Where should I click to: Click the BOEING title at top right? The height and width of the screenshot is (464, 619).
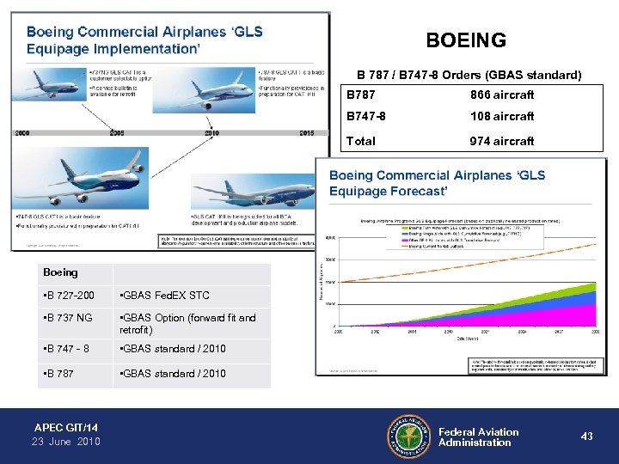pos(466,40)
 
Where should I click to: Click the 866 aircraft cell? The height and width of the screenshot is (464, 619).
pos(501,95)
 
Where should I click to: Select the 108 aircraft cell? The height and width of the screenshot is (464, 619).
pos(501,116)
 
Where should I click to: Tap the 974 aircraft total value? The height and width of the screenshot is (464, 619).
pos(501,141)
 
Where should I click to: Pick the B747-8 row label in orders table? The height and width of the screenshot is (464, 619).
pos(367,116)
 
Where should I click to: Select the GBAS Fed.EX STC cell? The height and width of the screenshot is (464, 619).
pos(163,296)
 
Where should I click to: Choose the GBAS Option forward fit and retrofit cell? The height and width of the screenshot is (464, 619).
pos(187,324)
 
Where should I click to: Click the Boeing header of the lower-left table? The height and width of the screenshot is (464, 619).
pos(60,272)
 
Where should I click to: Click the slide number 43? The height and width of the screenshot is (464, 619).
pos(586,437)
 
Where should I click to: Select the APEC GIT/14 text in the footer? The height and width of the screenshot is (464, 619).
pos(65,427)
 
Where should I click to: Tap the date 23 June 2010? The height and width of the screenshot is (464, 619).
pos(66,442)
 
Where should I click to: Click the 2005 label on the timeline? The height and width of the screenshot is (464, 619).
pos(116,133)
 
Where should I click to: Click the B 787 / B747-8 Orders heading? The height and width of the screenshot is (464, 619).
pos(469,75)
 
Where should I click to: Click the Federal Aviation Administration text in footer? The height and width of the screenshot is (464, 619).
pos(478,437)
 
